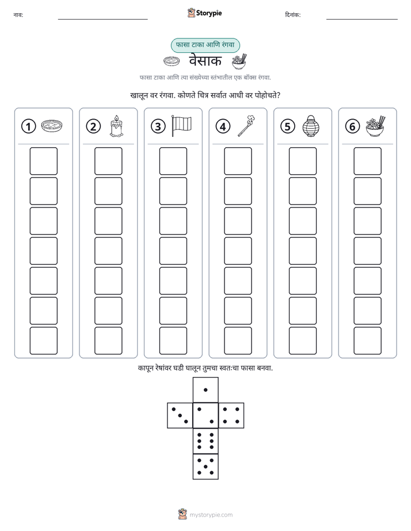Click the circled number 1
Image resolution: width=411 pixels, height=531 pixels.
(x=28, y=126)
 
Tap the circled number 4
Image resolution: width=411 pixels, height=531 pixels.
(x=223, y=126)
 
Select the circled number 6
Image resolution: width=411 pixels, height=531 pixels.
(x=352, y=126)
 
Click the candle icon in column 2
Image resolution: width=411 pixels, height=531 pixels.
(x=116, y=126)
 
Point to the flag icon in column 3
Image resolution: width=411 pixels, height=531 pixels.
(x=181, y=126)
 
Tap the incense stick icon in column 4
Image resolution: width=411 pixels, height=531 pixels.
(x=246, y=126)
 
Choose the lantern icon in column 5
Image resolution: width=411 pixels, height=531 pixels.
(x=311, y=126)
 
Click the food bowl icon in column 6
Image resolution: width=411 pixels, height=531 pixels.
(x=376, y=126)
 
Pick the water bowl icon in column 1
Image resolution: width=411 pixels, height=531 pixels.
(x=52, y=126)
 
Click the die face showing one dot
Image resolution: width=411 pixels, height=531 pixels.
(x=205, y=390)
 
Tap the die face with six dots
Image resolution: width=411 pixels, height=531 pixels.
(x=205, y=441)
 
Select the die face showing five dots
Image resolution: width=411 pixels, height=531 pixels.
(x=205, y=466)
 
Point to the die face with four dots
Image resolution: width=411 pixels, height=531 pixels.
(x=231, y=415)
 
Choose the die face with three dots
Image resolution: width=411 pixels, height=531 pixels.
(x=180, y=415)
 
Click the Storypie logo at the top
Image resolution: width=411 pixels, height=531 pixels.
(x=204, y=13)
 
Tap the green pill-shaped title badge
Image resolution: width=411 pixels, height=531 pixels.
(x=205, y=45)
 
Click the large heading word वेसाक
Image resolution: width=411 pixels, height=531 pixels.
(x=205, y=61)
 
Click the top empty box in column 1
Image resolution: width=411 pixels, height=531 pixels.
(x=43, y=161)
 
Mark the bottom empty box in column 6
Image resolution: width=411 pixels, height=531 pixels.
(x=368, y=341)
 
